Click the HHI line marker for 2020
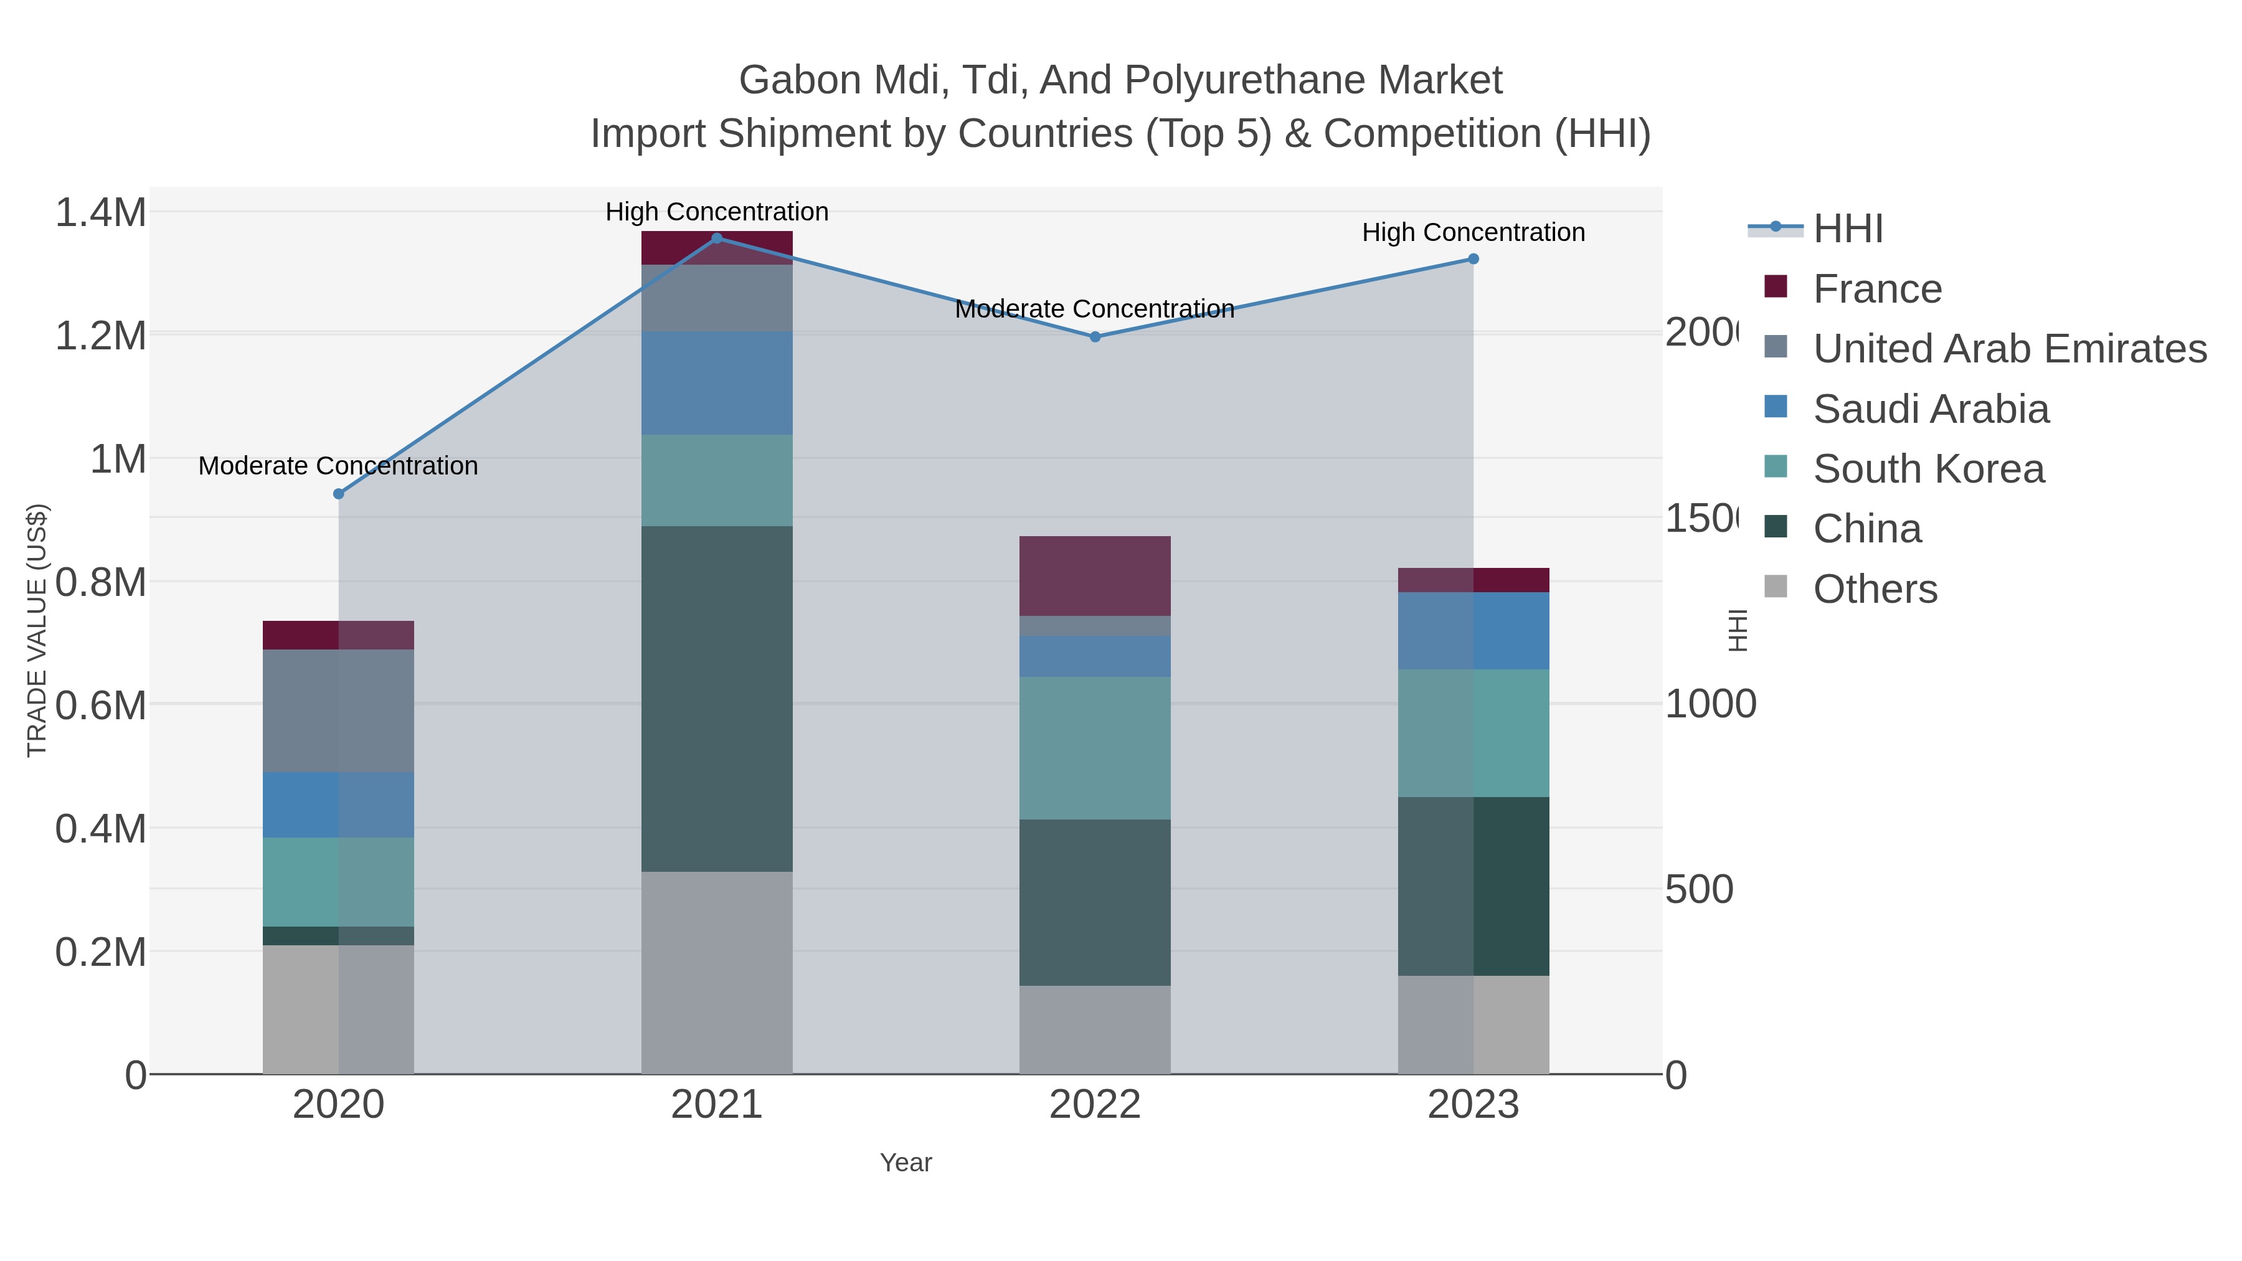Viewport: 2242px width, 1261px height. tap(339, 494)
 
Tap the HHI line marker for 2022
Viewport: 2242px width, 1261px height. tap(1095, 337)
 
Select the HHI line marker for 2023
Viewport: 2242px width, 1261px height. tap(1473, 259)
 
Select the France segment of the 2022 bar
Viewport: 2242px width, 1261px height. tap(1095, 576)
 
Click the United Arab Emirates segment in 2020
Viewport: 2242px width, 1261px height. tap(339, 711)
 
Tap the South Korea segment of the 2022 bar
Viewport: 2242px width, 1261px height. tap(1095, 749)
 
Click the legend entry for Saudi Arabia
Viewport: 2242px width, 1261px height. tap(1931, 409)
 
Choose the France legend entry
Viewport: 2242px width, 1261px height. tap(1876, 289)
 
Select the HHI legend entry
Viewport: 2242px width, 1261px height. tap(1848, 229)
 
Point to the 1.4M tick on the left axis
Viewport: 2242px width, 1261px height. tap(101, 213)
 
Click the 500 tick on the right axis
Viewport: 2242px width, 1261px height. tap(1699, 889)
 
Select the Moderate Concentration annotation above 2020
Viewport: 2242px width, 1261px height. tap(339, 466)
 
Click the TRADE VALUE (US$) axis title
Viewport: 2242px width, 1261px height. tap(37, 630)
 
